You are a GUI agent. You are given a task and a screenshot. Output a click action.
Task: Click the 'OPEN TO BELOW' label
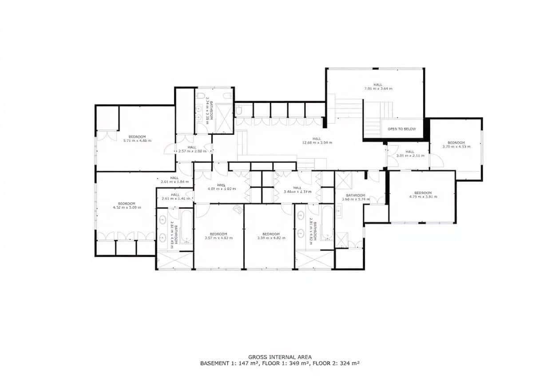(402, 129)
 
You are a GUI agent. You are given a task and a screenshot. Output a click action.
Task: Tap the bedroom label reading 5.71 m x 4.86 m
(137, 138)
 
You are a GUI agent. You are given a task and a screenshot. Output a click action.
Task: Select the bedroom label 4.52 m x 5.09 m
(127, 205)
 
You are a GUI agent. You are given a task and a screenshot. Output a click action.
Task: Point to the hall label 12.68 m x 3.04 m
(317, 141)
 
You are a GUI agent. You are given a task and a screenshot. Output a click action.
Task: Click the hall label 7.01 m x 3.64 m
(377, 86)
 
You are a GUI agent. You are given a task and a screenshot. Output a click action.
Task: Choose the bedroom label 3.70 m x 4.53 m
(456, 145)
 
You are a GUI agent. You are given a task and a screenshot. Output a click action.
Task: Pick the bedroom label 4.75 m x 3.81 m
(423, 195)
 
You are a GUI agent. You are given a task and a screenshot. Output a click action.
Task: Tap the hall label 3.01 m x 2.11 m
(409, 154)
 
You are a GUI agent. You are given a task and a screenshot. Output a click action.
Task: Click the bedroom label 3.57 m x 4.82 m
(218, 236)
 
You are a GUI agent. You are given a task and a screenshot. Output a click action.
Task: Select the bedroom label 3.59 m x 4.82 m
(271, 236)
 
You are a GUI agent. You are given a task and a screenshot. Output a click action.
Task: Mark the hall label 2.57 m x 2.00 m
(192, 149)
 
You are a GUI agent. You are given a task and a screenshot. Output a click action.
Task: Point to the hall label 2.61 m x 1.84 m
(174, 180)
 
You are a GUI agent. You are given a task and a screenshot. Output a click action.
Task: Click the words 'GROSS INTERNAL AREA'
(280, 357)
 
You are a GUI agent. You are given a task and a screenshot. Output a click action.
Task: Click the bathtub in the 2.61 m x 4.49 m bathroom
(186, 227)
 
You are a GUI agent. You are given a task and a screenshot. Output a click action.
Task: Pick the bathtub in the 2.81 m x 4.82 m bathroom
(327, 223)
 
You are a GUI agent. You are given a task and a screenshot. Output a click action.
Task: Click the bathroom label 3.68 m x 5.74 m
(356, 197)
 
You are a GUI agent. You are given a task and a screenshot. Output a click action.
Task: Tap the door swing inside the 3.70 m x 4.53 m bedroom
(436, 161)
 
